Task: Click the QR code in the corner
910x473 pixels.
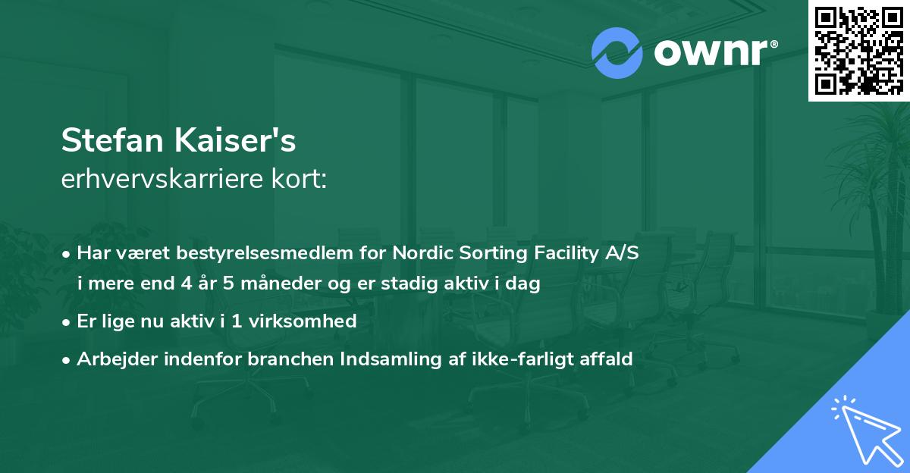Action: coord(858,50)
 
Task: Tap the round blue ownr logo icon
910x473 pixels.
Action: coord(617,53)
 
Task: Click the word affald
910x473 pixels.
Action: coord(607,359)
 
